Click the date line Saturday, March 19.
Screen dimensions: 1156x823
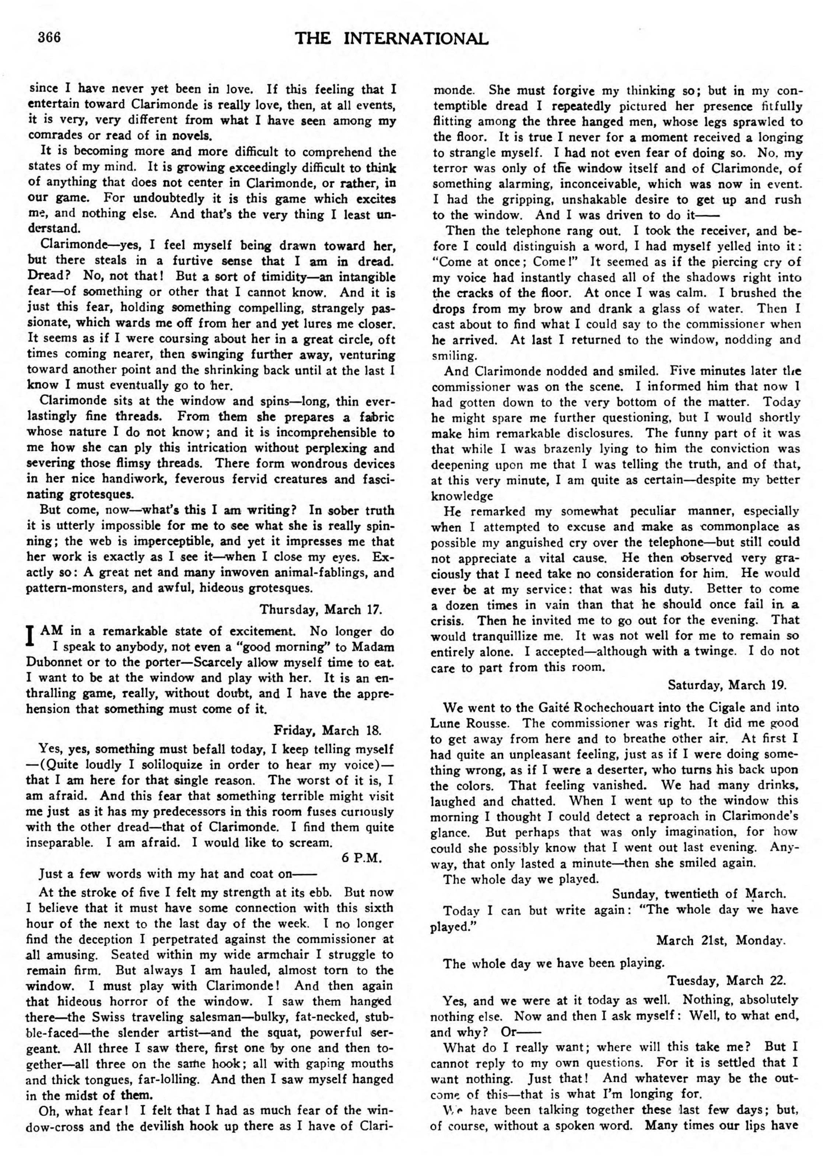[x=727, y=685]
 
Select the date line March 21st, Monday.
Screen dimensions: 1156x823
[x=721, y=940]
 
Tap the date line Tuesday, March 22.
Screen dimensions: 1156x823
[x=726, y=980]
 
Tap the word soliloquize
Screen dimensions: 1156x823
[x=136, y=764]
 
